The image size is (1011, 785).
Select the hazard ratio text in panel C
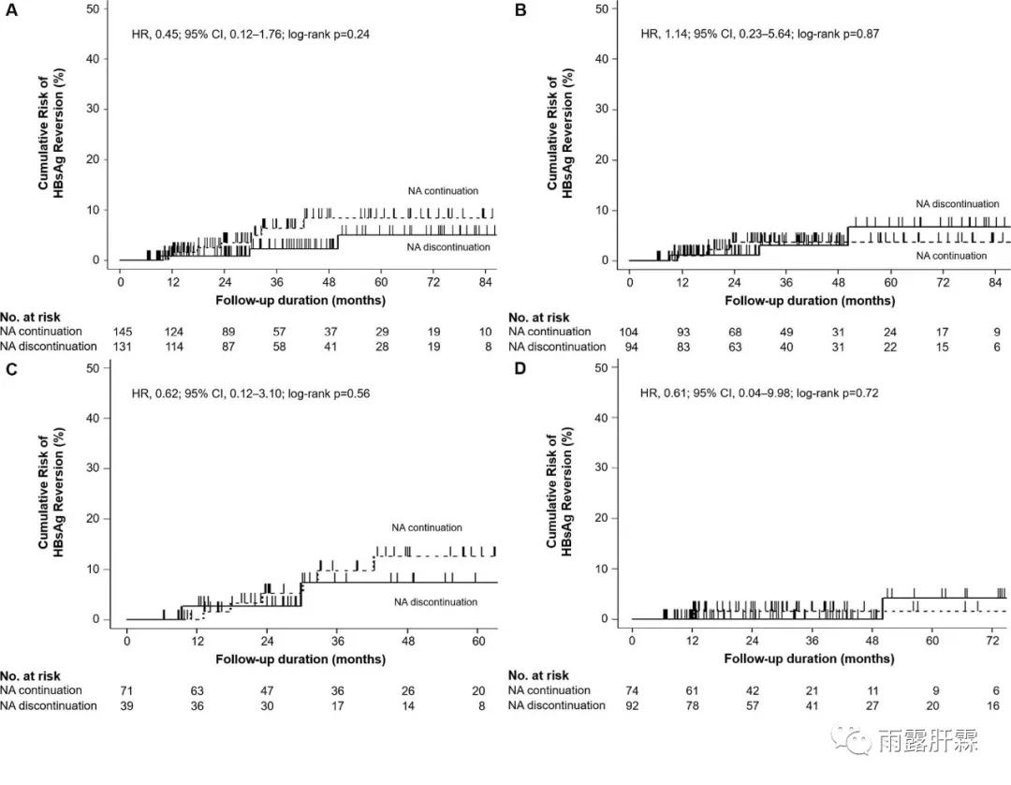(x=255, y=393)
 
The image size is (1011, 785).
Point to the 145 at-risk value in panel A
(x=121, y=332)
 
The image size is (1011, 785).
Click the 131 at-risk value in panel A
(x=121, y=347)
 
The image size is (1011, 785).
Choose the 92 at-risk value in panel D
(x=633, y=705)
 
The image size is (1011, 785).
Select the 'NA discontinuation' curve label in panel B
(x=957, y=203)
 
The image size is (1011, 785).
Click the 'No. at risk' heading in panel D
(x=538, y=675)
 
